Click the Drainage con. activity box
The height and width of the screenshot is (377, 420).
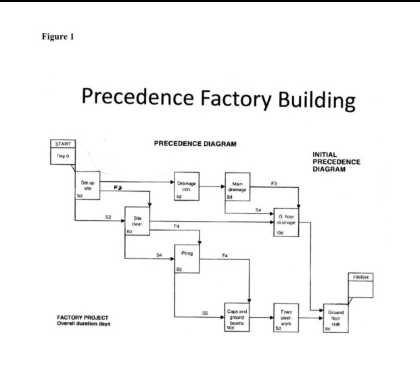(x=187, y=186)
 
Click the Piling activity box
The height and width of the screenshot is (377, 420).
(x=187, y=259)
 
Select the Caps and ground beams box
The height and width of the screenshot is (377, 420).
(x=237, y=317)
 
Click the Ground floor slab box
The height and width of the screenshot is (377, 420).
(x=335, y=317)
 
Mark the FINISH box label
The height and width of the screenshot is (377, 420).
(x=360, y=278)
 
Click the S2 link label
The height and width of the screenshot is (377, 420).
(x=108, y=217)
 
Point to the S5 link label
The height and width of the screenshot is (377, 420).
(x=204, y=313)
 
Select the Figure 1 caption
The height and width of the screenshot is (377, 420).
(x=57, y=36)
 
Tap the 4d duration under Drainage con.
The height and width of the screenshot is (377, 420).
(x=179, y=197)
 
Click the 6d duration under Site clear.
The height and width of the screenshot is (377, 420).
(x=129, y=232)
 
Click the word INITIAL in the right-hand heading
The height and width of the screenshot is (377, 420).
(x=325, y=155)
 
